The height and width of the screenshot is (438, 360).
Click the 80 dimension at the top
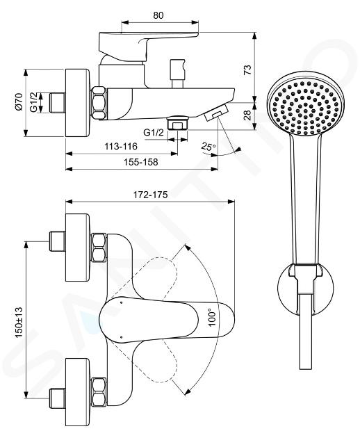click(x=158, y=15)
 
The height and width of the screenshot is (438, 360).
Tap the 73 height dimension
click(x=247, y=70)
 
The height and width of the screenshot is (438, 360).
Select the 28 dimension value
click(x=247, y=115)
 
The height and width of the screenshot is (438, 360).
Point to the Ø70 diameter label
click(x=19, y=102)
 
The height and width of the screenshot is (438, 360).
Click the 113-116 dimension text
click(x=121, y=146)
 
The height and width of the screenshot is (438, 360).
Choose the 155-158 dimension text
click(x=141, y=162)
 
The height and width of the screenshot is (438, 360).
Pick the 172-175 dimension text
click(x=151, y=195)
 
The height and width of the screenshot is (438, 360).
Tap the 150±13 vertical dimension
click(x=19, y=322)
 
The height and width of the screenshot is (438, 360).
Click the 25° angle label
click(x=208, y=147)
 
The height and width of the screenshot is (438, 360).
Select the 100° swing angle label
click(x=212, y=317)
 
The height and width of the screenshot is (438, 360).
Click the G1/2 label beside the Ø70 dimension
click(x=33, y=102)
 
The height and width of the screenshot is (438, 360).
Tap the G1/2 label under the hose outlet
click(x=154, y=132)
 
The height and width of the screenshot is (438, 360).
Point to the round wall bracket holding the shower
click(x=306, y=289)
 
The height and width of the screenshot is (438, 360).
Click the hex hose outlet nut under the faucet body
click(x=178, y=122)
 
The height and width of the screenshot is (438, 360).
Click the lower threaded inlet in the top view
click(x=57, y=398)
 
